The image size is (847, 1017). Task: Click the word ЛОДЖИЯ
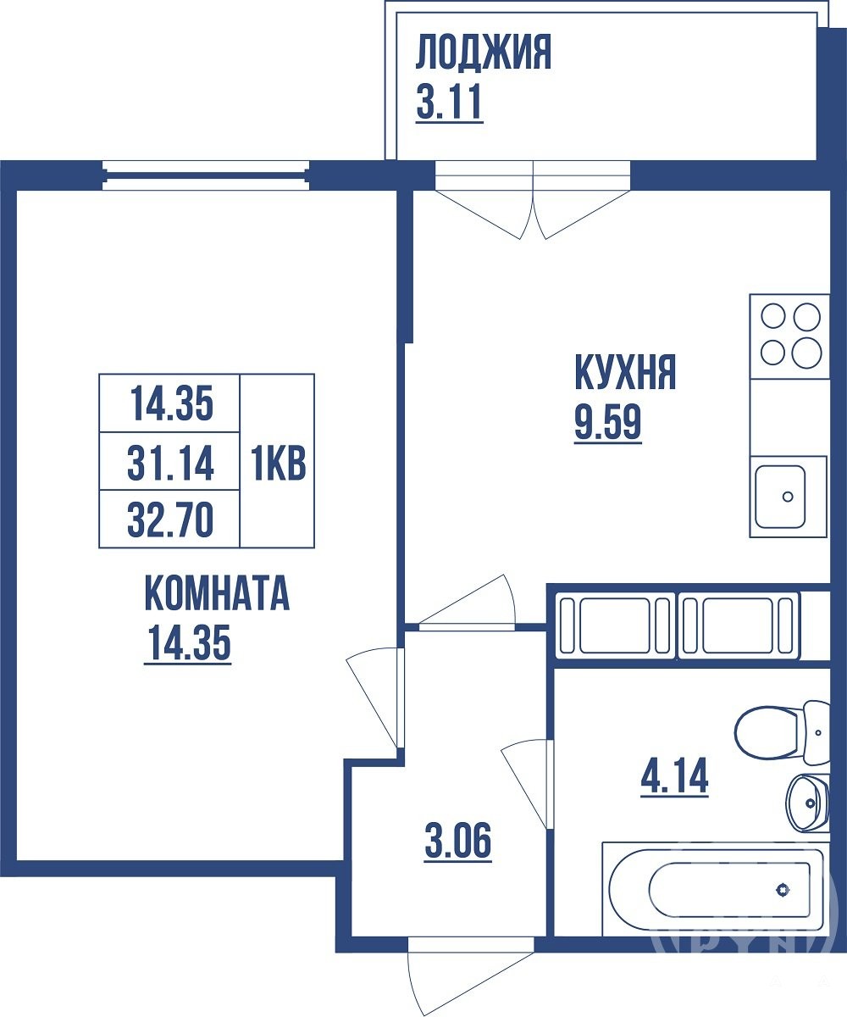pyautogui.click(x=484, y=53)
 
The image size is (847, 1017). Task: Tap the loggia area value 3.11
pyautogui.click(x=449, y=102)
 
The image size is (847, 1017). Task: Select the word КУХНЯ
pyautogui.click(x=626, y=373)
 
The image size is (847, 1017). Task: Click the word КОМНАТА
pyautogui.click(x=217, y=592)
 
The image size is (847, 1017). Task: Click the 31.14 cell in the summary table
pyautogui.click(x=170, y=464)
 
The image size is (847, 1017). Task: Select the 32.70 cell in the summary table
pyautogui.click(x=170, y=520)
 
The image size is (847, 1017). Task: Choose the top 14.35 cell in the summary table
pyautogui.click(x=170, y=404)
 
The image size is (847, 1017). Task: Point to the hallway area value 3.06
pyautogui.click(x=458, y=840)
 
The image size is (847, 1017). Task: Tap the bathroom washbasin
pyautogui.click(x=809, y=803)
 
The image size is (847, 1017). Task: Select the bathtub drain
pyautogui.click(x=783, y=890)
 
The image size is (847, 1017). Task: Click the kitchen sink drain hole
pyautogui.click(x=788, y=497)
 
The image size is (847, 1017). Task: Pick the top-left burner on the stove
pyautogui.click(x=773, y=317)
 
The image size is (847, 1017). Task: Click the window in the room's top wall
pyautogui.click(x=206, y=175)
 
